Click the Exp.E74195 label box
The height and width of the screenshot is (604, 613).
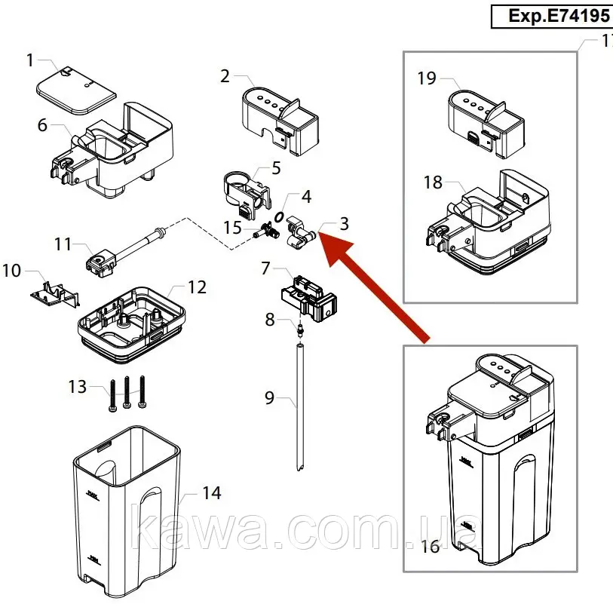[552, 17]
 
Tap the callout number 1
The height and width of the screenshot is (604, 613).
[30, 60]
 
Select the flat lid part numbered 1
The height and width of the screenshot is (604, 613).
[76, 90]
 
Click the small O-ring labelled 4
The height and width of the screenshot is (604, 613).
[279, 216]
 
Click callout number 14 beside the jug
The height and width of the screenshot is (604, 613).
[212, 492]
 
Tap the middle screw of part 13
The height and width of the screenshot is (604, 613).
[127, 392]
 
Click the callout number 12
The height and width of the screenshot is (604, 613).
[198, 287]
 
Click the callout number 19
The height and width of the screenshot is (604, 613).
[427, 78]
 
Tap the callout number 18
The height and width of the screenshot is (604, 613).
[433, 182]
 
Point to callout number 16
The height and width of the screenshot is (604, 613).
[430, 546]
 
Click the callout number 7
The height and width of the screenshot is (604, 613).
[266, 268]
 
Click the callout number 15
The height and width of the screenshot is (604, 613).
[233, 228]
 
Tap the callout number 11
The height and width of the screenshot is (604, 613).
[63, 244]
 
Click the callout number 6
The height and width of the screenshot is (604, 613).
[42, 125]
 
